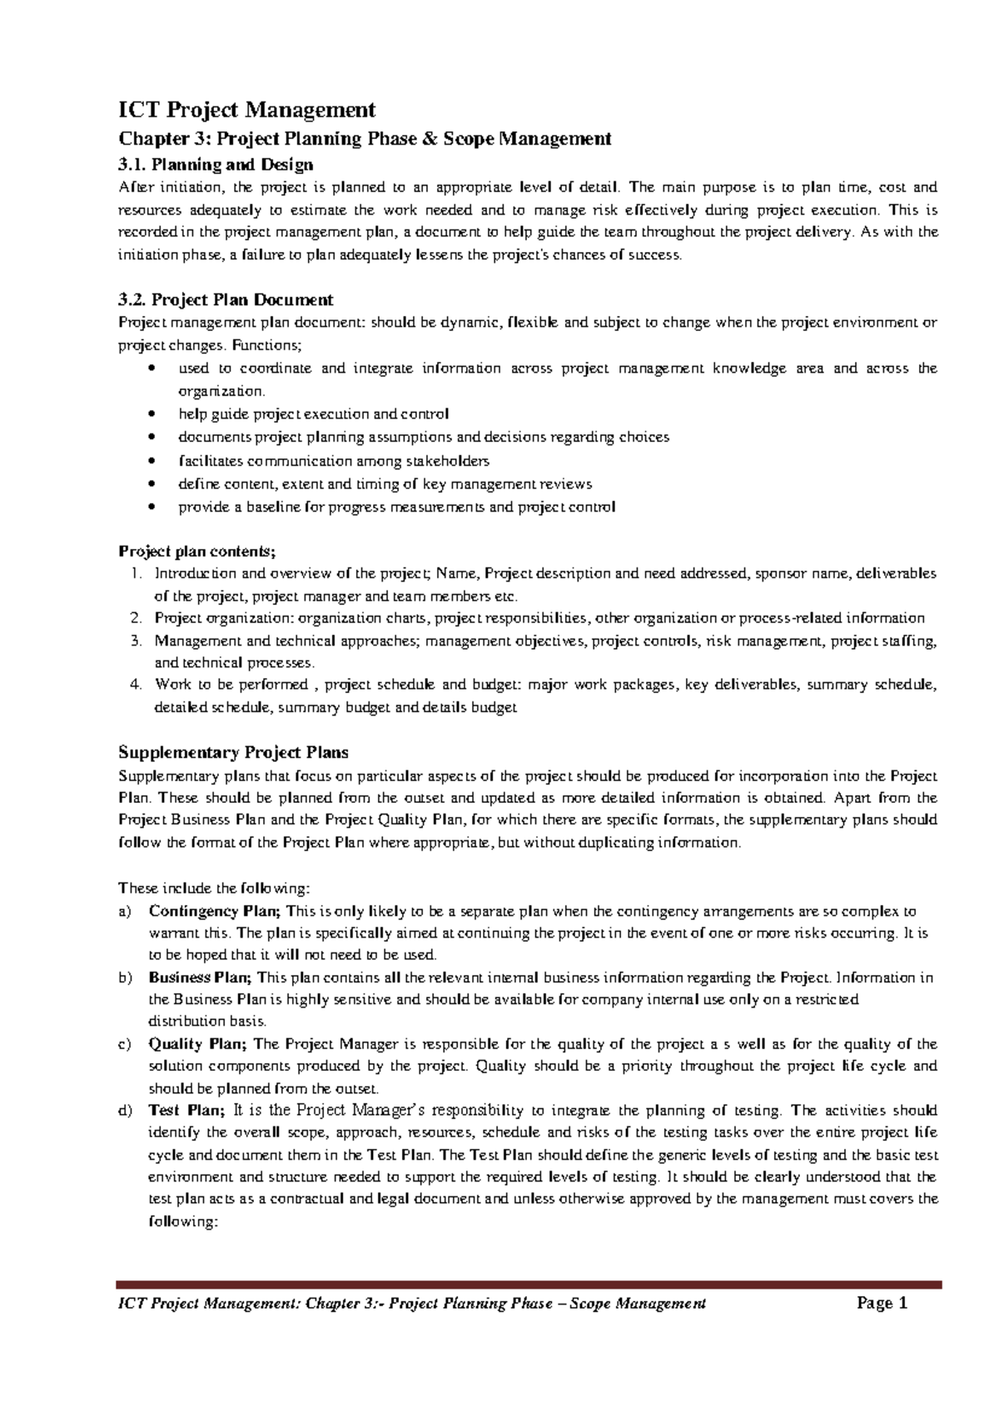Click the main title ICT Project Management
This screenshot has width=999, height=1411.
[246, 110]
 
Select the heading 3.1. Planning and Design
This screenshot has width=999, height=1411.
[216, 165]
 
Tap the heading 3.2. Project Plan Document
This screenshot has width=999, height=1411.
[226, 300]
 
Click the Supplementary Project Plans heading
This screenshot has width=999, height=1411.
[233, 752]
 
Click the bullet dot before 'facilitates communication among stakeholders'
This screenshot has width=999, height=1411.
[150, 461]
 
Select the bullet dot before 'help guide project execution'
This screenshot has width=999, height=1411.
[150, 414]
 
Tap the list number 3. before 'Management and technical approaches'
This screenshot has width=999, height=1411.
[136, 641]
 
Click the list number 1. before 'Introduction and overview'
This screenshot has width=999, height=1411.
[136, 573]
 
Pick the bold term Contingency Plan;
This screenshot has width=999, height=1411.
[216, 911]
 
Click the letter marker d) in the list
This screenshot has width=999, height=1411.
[125, 1111]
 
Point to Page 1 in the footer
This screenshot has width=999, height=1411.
[882, 1304]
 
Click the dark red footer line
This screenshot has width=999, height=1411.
[529, 1285]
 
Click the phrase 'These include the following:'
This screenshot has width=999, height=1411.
[213, 888]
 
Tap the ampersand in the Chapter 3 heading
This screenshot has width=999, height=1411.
[430, 139]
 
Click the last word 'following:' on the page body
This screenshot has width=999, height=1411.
[182, 1221]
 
